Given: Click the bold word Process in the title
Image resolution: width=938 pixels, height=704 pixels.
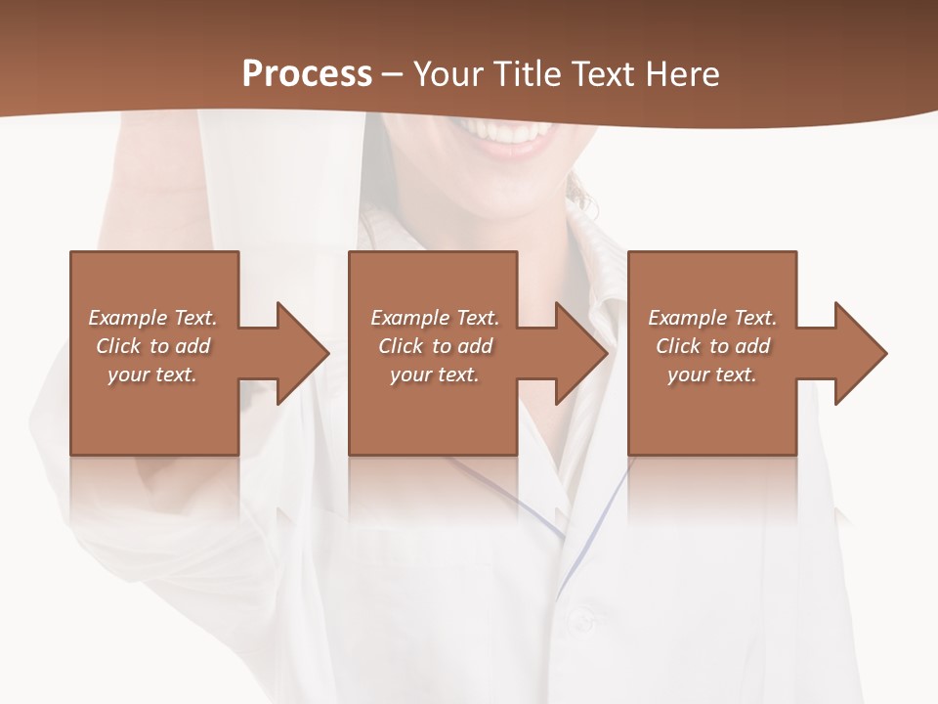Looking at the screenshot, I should [307, 74].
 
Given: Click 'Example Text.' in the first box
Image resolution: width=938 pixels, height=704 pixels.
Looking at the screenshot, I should [152, 318].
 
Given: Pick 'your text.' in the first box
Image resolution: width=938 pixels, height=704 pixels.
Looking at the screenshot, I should [152, 374].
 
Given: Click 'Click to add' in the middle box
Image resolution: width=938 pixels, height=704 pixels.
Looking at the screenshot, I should [435, 346].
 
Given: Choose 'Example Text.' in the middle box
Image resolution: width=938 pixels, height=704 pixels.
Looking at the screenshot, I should [435, 318].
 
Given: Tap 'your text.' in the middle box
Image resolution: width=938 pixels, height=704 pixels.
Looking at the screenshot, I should [435, 374].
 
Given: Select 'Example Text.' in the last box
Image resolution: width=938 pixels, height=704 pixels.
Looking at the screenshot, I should [712, 318].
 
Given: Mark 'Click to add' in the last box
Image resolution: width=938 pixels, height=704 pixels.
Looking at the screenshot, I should [712, 346].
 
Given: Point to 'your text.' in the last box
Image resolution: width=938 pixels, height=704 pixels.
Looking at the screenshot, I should [712, 374].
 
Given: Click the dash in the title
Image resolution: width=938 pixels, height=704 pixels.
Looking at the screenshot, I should [393, 74].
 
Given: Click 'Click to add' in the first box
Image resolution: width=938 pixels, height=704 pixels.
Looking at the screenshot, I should [152, 346].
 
